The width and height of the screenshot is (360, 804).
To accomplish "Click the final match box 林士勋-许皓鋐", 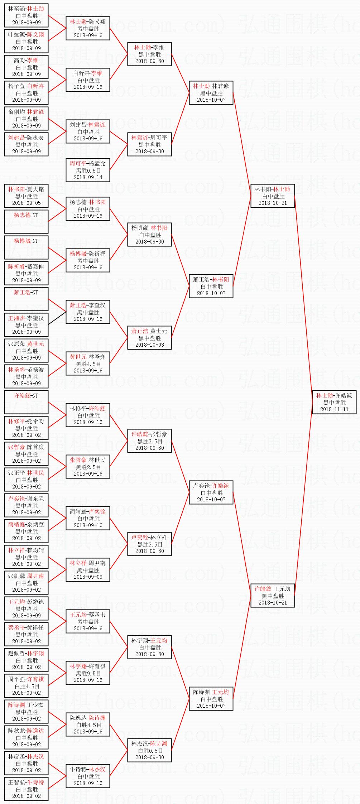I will (x=334, y=402).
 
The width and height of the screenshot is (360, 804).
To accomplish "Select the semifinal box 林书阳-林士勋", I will (x=273, y=196).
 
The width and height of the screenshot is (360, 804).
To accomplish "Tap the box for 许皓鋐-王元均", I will (x=273, y=596).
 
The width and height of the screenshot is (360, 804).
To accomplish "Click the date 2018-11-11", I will (x=334, y=409).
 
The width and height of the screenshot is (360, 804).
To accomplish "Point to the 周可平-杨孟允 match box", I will (x=88, y=170).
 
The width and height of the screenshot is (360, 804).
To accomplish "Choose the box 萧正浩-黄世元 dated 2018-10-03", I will (x=149, y=338).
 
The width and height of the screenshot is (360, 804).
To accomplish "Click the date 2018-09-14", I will (x=88, y=177).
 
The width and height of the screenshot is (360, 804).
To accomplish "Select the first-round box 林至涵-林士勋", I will (x=26, y=15).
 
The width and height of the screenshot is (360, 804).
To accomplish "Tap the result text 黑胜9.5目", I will (x=88, y=673).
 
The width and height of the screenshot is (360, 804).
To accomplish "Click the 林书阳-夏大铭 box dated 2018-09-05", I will (x=26, y=196).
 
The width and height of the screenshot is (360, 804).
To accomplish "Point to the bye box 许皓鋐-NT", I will (x=26, y=402).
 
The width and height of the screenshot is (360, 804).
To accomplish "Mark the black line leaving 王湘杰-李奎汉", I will (x=57, y=318).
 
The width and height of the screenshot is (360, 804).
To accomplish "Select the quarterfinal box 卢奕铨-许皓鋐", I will (x=211, y=492).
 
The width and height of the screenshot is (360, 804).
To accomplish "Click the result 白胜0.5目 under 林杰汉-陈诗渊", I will (x=150, y=750).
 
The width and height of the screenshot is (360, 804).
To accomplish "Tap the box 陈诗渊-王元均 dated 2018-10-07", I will (x=211, y=699).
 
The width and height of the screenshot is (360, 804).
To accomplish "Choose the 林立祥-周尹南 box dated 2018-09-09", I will (x=88, y=570).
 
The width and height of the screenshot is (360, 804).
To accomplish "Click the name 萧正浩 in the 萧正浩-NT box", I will (x=22, y=293).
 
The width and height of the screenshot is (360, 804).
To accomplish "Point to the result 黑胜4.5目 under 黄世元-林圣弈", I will (x=88, y=364).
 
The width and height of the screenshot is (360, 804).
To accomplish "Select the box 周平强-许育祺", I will (x=26, y=686).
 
